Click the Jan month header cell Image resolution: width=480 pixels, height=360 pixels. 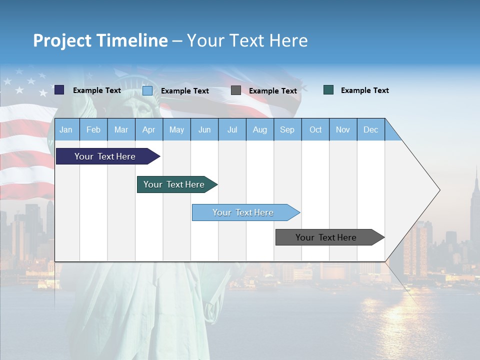coord(66,129)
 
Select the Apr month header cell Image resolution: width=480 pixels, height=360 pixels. coord(149,129)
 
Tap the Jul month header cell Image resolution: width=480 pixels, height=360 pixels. coord(232,129)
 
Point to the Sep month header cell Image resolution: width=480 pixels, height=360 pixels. coord(287,129)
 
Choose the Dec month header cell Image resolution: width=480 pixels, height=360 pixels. coord(370,129)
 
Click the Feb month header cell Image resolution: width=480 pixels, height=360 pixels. coord(93,129)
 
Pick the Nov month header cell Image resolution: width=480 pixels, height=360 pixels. coord(343,129)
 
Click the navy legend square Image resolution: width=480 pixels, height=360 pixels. coord(59,90)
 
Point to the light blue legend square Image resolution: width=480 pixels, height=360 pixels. coord(147,90)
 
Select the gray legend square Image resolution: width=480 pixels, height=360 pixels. coord(236,90)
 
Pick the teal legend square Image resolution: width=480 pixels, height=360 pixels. coord(328,90)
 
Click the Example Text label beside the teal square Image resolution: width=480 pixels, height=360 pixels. coord(364,90)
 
